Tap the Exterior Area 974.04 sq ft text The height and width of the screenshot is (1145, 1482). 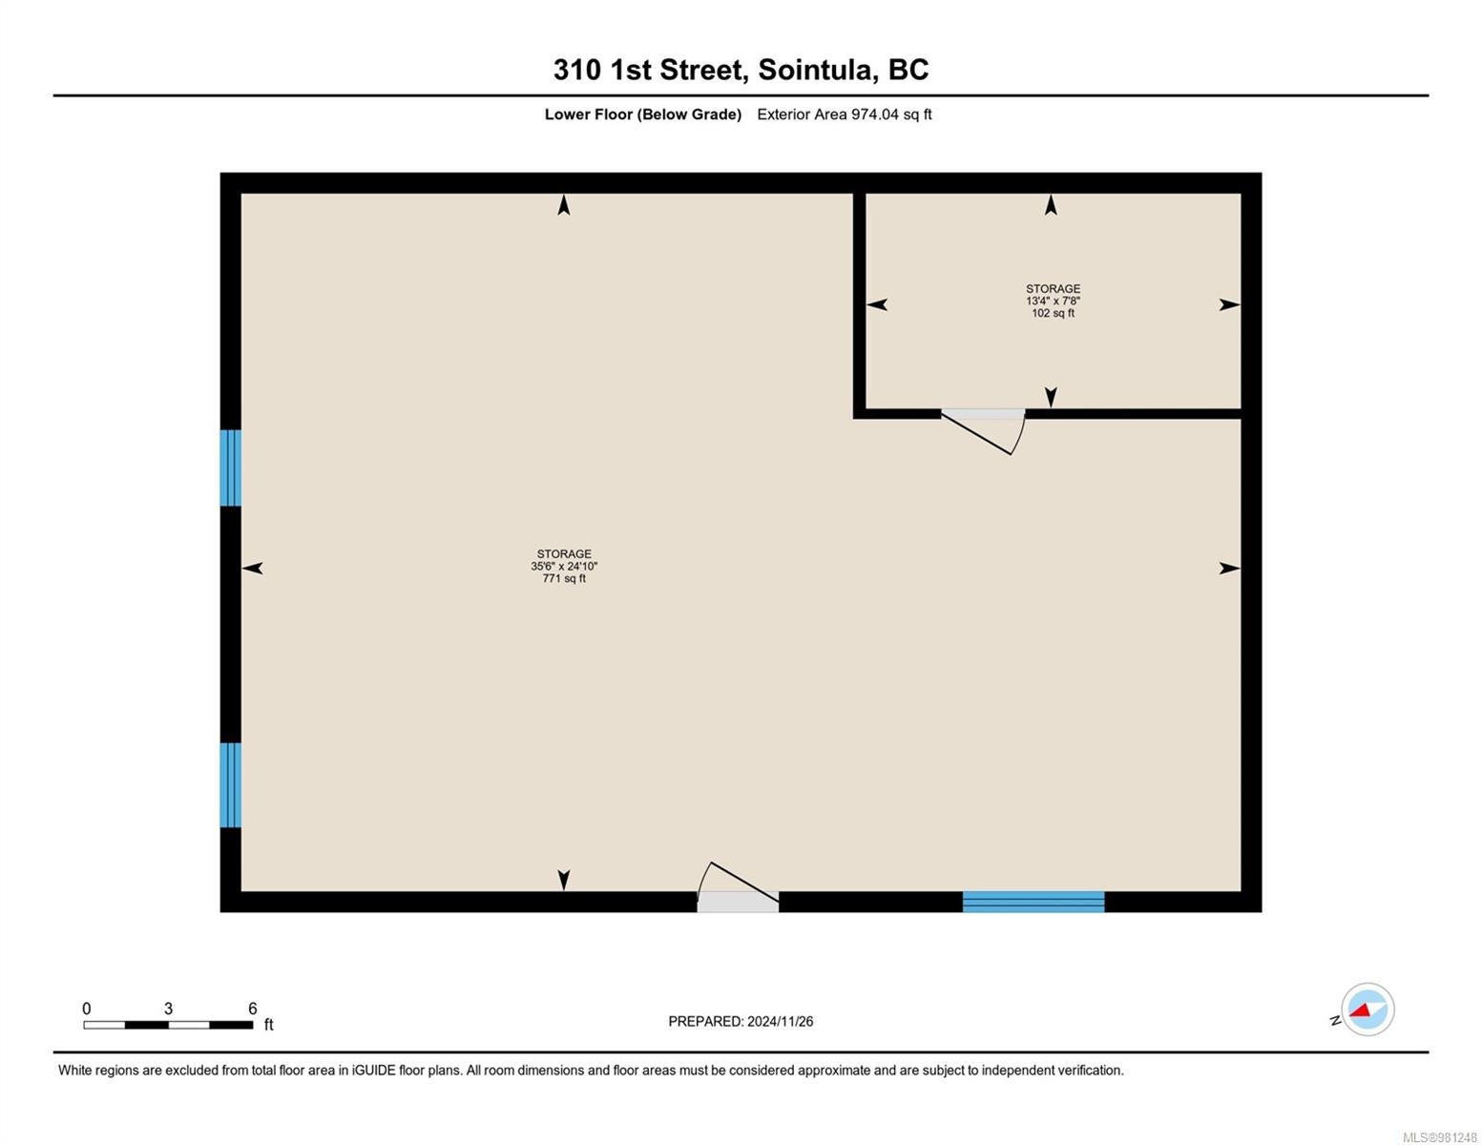(x=844, y=114)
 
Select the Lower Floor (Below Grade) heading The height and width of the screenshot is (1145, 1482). (x=642, y=114)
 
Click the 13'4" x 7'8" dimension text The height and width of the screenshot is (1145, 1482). (x=1053, y=301)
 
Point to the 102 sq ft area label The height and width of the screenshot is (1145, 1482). (x=1053, y=313)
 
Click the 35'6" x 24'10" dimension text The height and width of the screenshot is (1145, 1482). (x=564, y=566)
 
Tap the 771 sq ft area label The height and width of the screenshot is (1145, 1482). (x=564, y=578)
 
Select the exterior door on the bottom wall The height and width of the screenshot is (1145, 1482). (x=738, y=886)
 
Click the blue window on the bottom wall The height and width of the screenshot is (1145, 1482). (x=1033, y=901)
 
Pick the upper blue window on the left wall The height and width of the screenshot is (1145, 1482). (x=231, y=468)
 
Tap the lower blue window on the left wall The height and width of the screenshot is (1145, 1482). (x=231, y=785)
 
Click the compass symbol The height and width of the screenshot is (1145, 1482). (x=1367, y=1010)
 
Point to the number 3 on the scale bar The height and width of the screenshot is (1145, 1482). (x=168, y=1009)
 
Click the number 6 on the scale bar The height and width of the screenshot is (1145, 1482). (x=252, y=1009)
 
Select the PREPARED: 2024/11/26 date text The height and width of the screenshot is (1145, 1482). (x=741, y=1022)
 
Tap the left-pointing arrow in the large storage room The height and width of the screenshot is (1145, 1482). (x=252, y=568)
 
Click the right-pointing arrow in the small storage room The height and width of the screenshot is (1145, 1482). (x=1229, y=304)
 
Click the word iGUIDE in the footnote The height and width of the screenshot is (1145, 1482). (x=373, y=1071)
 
